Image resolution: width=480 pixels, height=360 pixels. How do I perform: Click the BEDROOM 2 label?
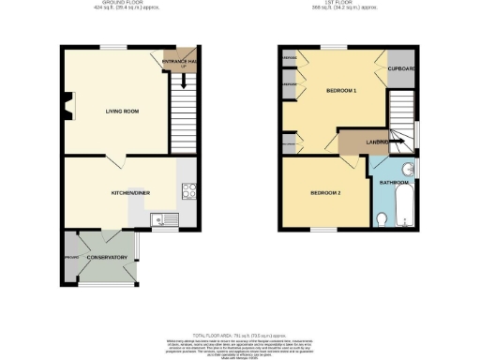coord(325,192)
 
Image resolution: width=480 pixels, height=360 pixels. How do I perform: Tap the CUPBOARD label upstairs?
coord(402,68)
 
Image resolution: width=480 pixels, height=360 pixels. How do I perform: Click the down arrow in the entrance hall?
coord(183,80)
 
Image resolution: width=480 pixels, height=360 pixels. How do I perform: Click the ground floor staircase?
coord(184,117)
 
